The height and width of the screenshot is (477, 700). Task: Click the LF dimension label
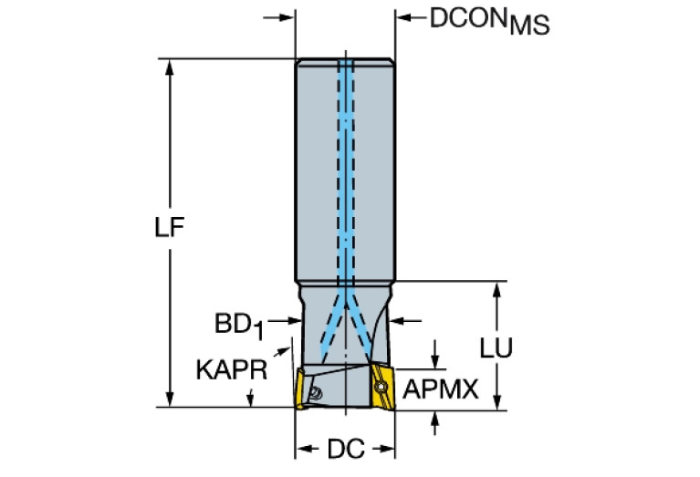point(170,230)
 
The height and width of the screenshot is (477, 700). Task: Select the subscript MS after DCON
point(529,26)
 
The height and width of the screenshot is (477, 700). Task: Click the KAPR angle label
point(231,369)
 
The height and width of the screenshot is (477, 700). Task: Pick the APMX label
point(441,390)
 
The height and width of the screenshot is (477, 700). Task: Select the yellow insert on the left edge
point(298,388)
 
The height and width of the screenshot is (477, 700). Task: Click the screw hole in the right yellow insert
point(378,387)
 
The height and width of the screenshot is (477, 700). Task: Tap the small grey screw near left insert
point(315,393)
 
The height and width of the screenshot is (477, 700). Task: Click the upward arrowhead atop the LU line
point(497,289)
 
